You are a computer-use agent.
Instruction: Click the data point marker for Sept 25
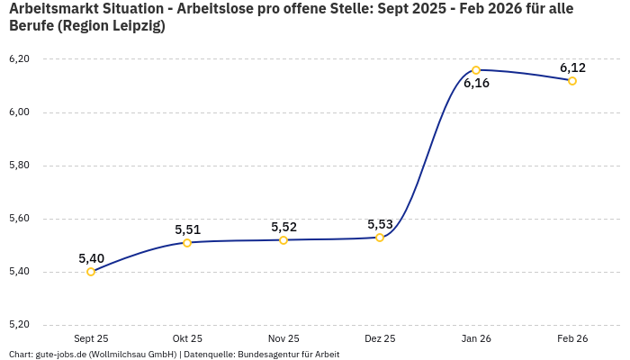[91, 272]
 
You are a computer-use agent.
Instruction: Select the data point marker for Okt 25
[187, 243]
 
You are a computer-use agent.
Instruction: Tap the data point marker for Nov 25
[283, 240]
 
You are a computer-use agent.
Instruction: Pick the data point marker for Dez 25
[380, 238]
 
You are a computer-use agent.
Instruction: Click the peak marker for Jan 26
[476, 70]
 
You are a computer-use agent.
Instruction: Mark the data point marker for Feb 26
[572, 81]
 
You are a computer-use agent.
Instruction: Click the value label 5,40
[91, 258]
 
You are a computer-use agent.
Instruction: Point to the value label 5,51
[187, 229]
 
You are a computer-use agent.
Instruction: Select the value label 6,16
[476, 84]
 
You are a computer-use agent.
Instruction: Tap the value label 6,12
[572, 67]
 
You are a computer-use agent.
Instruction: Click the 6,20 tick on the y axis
[19, 59]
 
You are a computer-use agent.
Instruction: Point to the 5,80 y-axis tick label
[19, 166]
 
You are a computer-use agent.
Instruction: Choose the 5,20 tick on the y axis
[19, 325]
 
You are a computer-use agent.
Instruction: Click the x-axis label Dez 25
[380, 338]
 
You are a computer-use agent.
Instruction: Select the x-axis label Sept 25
[91, 338]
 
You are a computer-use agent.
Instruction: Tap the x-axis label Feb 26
[572, 338]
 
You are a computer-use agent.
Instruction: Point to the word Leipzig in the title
[134, 26]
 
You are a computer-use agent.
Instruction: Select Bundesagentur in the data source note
[277, 354]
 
